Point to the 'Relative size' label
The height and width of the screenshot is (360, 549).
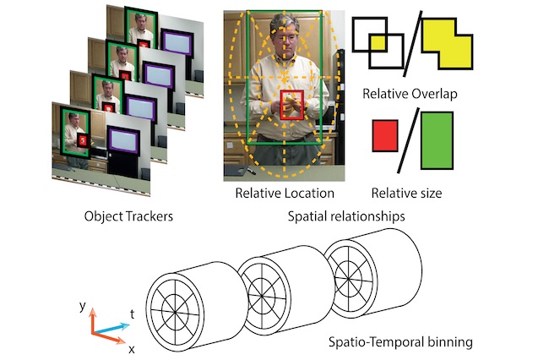pos(407,194)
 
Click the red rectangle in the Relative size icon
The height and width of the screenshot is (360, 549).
pos(384,140)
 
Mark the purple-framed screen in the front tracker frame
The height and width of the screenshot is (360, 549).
pos(128,137)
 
